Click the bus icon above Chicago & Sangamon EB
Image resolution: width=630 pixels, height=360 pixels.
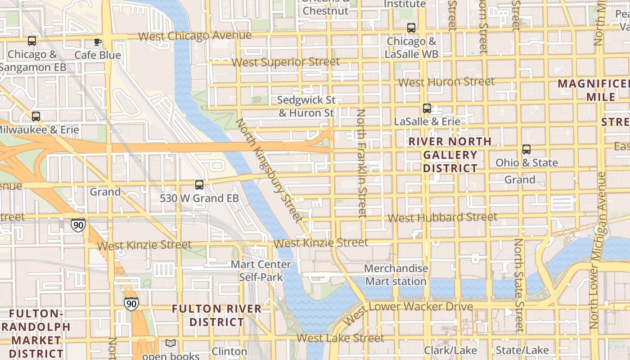32,41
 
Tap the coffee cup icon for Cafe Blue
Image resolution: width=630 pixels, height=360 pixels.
98,42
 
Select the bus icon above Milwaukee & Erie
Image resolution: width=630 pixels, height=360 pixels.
36,117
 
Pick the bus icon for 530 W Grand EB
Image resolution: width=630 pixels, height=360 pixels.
199,185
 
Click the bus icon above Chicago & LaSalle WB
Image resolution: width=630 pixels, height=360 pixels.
411,28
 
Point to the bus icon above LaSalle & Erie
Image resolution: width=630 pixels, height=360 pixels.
427,108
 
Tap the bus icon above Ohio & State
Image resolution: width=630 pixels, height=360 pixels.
526,149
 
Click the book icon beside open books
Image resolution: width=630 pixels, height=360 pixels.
171,344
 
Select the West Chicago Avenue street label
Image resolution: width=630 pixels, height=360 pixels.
195,36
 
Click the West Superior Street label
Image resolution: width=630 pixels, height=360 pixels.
286,62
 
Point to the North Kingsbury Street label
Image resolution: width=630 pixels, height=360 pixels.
269,170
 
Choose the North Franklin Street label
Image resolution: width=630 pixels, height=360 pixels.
361,163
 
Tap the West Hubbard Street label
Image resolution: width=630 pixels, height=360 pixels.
442,217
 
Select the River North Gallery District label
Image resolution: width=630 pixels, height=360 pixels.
450,155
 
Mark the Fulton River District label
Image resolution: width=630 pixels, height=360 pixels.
217,315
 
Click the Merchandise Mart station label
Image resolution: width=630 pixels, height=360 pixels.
396,275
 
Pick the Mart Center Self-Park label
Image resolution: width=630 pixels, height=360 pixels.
261,270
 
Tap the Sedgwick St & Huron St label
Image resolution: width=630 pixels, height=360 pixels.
306,106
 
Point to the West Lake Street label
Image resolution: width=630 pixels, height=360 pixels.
340,338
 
